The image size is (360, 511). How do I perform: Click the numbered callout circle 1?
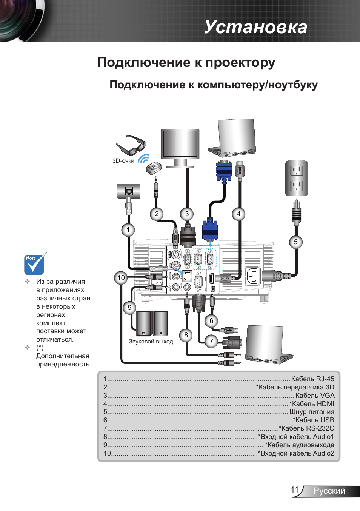[128, 230]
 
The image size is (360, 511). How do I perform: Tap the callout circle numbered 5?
[296, 242]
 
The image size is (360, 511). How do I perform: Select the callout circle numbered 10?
[121, 278]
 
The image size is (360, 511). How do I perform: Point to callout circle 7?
[211, 341]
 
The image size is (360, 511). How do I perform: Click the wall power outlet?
[297, 178]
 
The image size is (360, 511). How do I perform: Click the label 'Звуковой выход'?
[151, 342]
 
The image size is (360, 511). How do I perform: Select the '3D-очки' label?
[123, 161]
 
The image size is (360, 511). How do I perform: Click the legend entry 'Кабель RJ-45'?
[312, 379]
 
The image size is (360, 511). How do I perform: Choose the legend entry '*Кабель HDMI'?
[312, 404]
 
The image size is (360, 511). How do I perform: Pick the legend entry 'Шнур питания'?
[312, 412]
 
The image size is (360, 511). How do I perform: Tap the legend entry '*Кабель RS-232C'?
[306, 428]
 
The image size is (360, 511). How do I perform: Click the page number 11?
[295, 490]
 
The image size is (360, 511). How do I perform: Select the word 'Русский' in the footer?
[329, 491]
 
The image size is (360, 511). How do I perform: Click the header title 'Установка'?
[256, 27]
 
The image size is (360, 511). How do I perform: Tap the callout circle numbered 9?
[129, 308]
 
